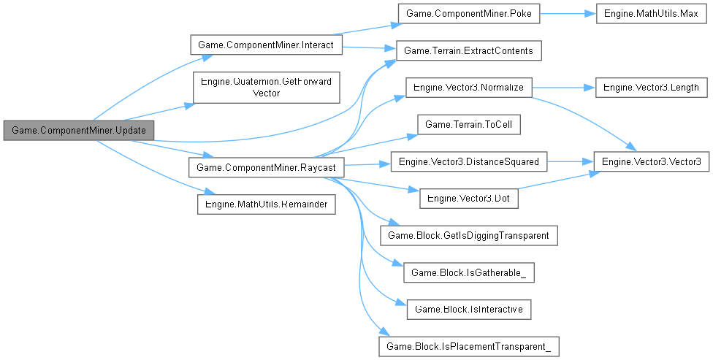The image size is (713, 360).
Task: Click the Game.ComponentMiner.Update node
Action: [x=79, y=130]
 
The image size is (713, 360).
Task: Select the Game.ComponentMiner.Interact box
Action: [x=266, y=45]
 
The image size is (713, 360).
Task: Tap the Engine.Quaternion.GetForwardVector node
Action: [x=266, y=88]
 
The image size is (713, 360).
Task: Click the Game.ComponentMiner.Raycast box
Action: [x=266, y=167]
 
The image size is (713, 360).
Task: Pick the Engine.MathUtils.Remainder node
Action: [x=266, y=203]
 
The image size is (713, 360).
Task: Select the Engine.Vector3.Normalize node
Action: [x=468, y=87]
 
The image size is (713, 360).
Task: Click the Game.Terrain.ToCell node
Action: [x=468, y=124]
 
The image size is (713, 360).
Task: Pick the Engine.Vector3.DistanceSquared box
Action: [x=468, y=161]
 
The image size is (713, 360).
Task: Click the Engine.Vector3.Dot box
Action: [x=468, y=198]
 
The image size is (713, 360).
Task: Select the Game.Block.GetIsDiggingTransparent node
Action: [x=468, y=235]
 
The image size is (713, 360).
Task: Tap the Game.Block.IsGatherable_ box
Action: [x=468, y=272]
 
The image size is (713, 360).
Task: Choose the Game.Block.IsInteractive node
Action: [x=468, y=310]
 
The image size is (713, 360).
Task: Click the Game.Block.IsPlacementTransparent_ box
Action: [x=468, y=345]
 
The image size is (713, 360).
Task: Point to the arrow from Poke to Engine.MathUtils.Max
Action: [x=566, y=15]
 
